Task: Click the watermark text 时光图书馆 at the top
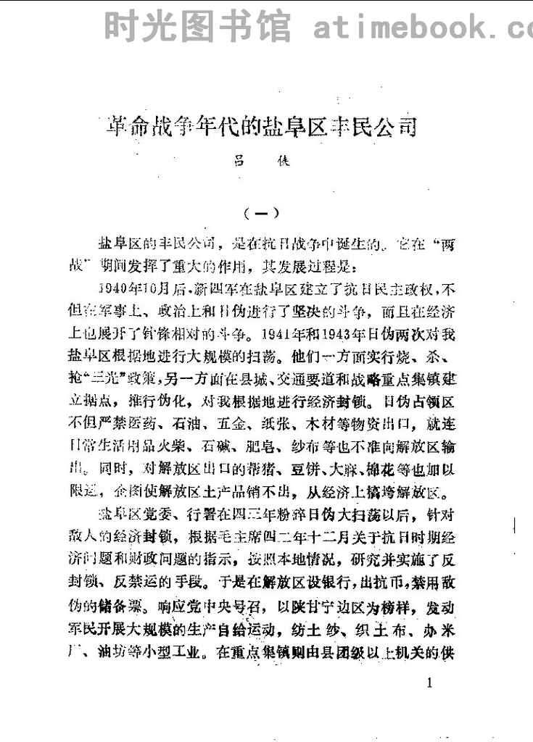point(197,27)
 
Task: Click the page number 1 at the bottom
point(431,683)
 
